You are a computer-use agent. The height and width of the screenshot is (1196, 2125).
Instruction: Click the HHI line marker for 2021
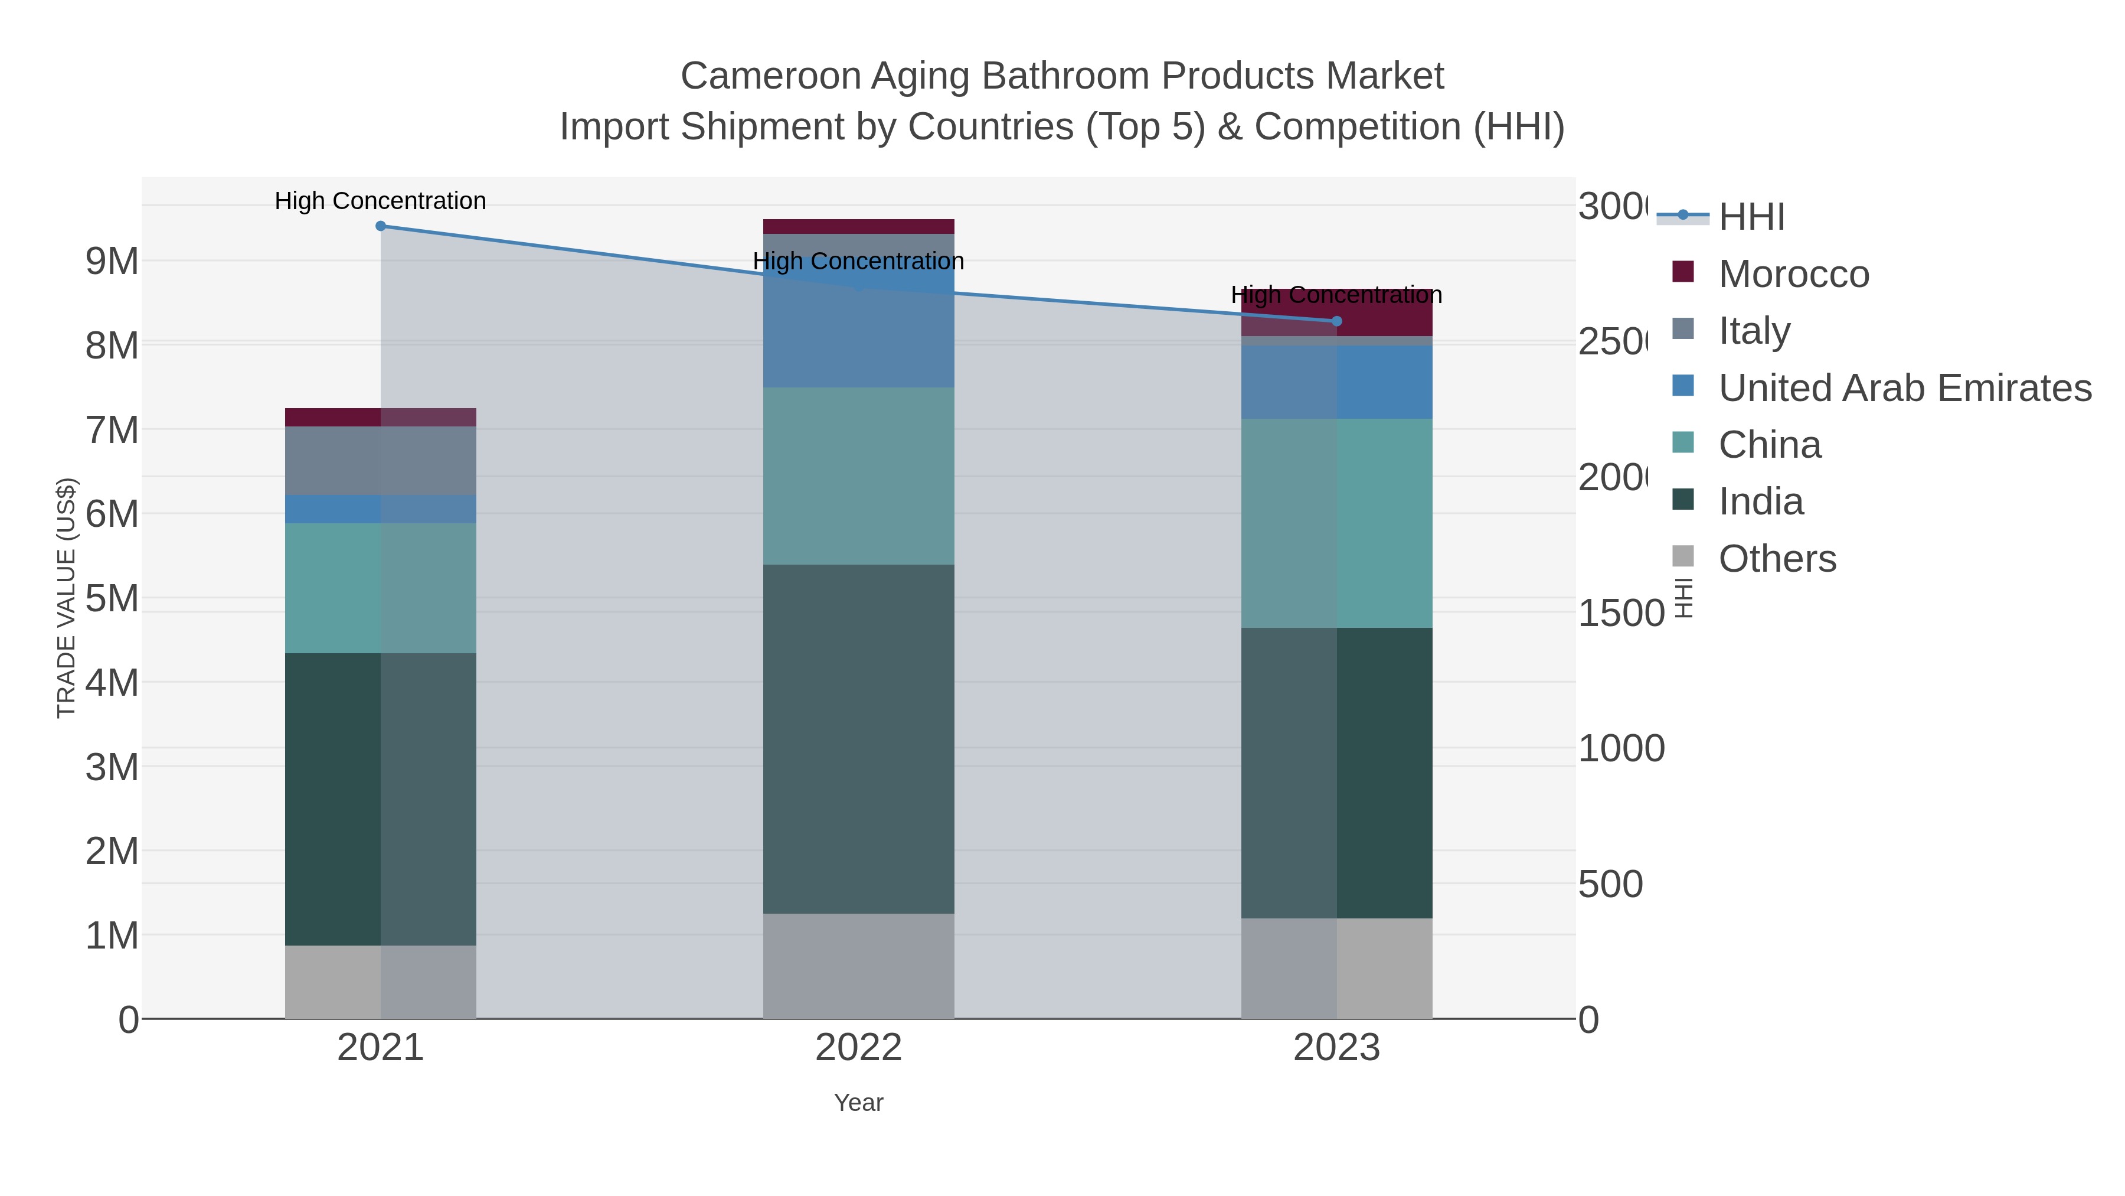(x=380, y=226)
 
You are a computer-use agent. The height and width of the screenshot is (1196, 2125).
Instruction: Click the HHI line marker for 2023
(x=1336, y=321)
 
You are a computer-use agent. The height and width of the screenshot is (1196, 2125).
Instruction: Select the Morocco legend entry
(x=1793, y=274)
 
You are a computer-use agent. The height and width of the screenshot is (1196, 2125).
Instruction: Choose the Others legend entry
(x=1776, y=559)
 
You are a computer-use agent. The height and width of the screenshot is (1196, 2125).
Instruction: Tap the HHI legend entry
(x=1751, y=217)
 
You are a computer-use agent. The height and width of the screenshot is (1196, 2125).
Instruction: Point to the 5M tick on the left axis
(x=112, y=598)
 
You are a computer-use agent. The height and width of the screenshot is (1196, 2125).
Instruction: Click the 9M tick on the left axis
(x=112, y=261)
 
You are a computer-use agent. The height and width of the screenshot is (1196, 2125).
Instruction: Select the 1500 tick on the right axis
(x=1621, y=613)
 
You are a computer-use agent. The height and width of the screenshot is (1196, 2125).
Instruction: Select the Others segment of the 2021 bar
(x=380, y=982)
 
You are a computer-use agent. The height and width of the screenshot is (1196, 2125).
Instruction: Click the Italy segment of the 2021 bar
(x=380, y=461)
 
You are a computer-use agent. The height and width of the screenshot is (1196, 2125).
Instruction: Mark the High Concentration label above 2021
(x=380, y=201)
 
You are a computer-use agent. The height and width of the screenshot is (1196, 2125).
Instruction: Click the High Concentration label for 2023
(x=1336, y=295)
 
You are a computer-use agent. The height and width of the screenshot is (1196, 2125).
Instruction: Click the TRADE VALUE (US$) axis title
(x=66, y=598)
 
